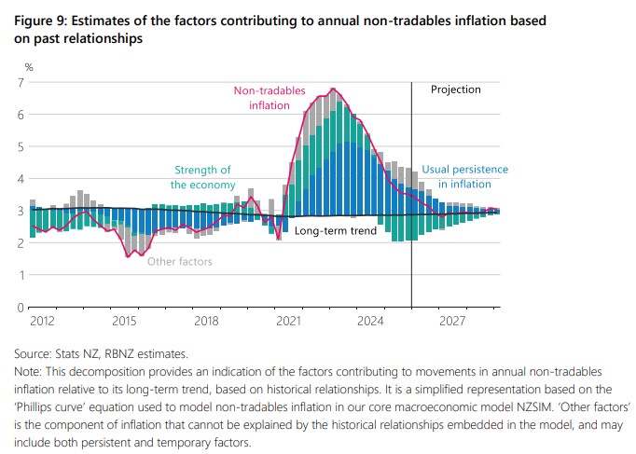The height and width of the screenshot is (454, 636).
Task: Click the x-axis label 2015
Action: click(x=125, y=321)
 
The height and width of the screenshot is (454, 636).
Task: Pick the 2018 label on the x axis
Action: click(x=207, y=321)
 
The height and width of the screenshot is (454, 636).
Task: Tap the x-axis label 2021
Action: click(x=289, y=321)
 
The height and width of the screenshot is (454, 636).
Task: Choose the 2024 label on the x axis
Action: click(x=371, y=321)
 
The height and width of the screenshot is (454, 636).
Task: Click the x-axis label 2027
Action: click(x=453, y=321)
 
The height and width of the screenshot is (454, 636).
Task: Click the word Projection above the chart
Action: click(x=455, y=90)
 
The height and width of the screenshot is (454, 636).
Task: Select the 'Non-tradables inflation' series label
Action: click(x=262, y=98)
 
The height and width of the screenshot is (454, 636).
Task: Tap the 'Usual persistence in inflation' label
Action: click(x=464, y=177)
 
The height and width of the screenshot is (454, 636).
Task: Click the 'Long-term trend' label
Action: click(x=335, y=229)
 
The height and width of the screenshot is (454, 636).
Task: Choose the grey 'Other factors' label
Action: click(x=180, y=262)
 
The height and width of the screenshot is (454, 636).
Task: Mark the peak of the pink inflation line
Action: click(x=333, y=89)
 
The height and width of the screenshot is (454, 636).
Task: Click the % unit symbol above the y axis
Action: click(x=28, y=67)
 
